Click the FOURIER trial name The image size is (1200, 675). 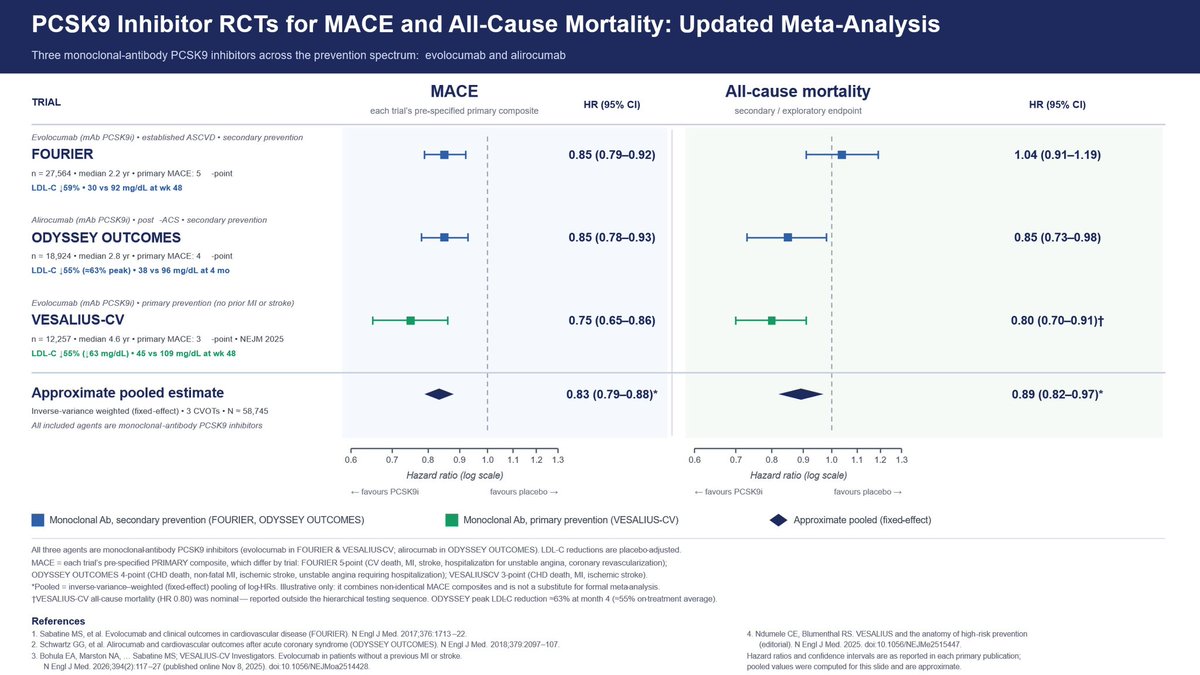point(62,154)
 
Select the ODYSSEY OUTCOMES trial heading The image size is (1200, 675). point(106,237)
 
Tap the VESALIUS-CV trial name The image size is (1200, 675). point(78,320)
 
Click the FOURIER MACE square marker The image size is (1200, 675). point(444,155)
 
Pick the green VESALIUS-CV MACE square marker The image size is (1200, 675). point(410,321)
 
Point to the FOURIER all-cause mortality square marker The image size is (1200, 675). point(842,155)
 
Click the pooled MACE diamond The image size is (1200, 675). point(439,394)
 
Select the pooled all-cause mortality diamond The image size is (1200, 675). point(800,394)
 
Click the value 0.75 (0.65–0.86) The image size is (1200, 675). point(612,320)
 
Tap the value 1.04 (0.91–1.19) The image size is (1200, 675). point(1058,155)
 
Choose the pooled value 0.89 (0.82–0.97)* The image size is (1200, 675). point(1058,394)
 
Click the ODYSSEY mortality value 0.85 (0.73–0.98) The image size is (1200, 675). point(1058,237)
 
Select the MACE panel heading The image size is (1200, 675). point(454,91)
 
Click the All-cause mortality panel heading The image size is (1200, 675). point(798,91)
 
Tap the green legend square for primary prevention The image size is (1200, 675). point(452,520)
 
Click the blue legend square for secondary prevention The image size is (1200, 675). point(38,520)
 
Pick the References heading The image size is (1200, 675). point(58,621)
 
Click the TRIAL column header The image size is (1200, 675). point(46,102)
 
